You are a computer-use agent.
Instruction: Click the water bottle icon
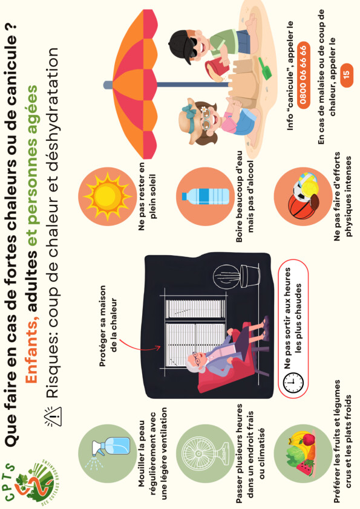tap(205, 196)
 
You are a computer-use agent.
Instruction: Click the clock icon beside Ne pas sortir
tap(293, 383)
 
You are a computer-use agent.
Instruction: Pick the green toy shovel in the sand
tap(265, 68)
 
